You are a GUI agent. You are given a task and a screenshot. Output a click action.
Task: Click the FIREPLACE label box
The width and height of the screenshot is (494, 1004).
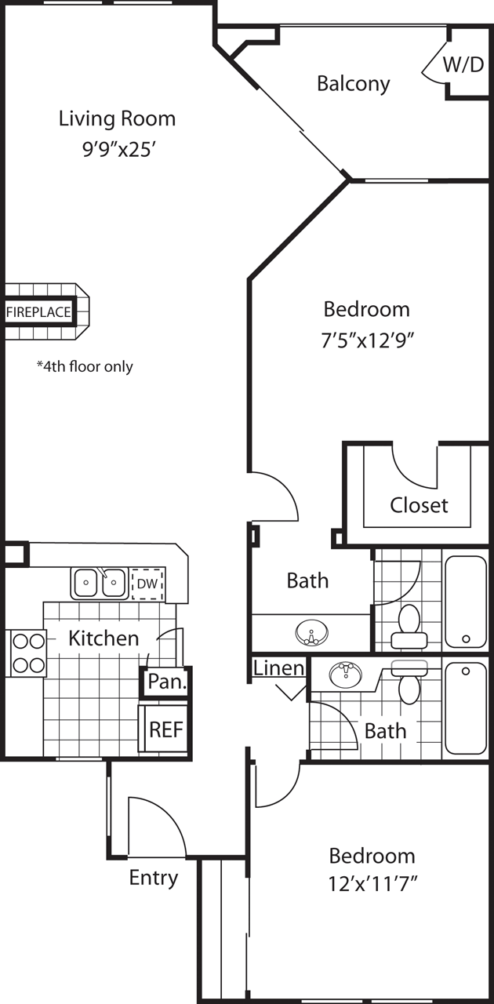(x=39, y=312)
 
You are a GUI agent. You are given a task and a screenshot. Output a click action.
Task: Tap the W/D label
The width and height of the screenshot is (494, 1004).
(x=463, y=65)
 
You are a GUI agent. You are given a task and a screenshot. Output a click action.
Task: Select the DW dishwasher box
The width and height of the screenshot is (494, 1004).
(x=148, y=584)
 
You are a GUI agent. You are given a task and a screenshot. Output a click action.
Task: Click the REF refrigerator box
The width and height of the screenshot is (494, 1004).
(x=166, y=729)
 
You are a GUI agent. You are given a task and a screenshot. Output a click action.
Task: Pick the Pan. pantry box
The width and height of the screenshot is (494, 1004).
(x=167, y=682)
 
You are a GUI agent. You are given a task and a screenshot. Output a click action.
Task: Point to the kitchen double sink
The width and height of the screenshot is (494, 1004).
(x=99, y=583)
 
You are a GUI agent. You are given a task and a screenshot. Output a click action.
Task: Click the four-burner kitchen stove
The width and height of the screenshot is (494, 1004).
(x=27, y=653)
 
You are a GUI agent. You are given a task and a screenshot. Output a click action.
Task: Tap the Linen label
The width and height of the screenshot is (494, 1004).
(x=279, y=668)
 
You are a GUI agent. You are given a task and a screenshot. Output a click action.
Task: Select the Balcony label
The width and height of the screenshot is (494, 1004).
(x=353, y=84)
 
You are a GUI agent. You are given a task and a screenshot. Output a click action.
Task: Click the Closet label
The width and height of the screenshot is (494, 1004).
(x=419, y=505)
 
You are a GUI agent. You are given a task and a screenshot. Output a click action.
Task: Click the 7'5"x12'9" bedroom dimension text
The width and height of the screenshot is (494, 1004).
(x=367, y=340)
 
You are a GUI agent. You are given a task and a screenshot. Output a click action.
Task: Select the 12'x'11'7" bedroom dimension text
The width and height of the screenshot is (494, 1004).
(x=372, y=884)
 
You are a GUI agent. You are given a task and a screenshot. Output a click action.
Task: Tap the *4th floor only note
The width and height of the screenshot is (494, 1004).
(x=85, y=366)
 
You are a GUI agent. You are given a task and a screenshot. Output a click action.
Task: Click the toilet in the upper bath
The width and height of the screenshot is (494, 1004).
(x=409, y=626)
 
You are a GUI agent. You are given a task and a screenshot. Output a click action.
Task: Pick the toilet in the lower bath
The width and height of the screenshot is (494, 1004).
(x=409, y=682)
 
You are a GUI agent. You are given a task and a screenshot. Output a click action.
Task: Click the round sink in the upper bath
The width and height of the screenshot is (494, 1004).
(x=311, y=632)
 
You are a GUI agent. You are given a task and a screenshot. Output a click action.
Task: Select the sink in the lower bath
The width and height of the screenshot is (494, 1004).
(x=346, y=674)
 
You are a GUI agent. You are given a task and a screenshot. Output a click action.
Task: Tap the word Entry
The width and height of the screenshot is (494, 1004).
(x=154, y=878)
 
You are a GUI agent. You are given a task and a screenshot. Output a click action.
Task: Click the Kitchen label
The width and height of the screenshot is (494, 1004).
(x=104, y=638)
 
